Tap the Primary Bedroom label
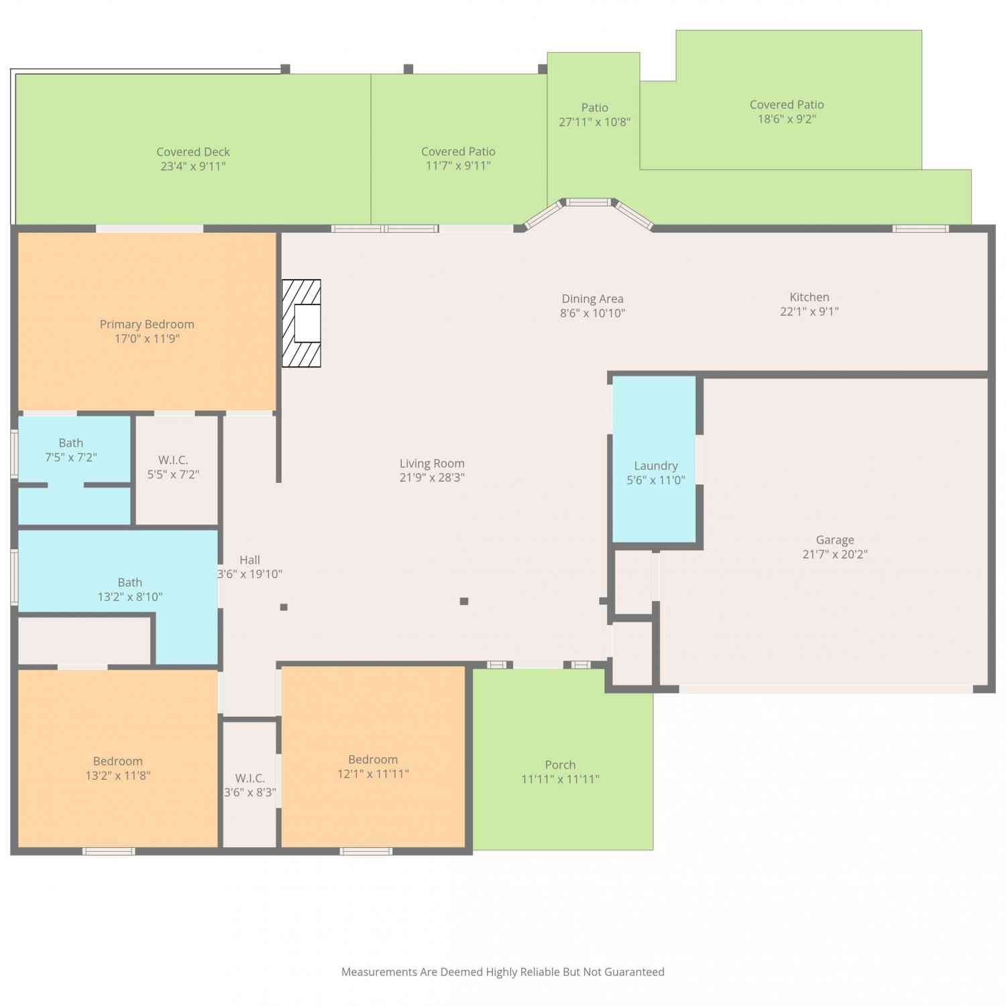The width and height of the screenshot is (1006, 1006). click(x=147, y=325)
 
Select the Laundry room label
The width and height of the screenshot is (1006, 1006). click(x=656, y=465)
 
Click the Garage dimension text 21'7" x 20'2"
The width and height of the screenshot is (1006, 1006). click(x=835, y=554)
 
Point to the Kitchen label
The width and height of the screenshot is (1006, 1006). click(x=809, y=297)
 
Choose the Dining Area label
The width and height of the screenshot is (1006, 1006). click(x=593, y=299)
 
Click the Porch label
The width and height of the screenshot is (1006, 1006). click(x=560, y=765)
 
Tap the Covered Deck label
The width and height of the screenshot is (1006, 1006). click(x=193, y=152)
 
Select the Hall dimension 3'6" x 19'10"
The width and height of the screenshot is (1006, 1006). click(x=249, y=574)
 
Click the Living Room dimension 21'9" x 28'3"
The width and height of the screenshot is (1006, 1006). click(x=432, y=478)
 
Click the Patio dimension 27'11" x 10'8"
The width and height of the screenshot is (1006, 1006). click(x=595, y=122)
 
